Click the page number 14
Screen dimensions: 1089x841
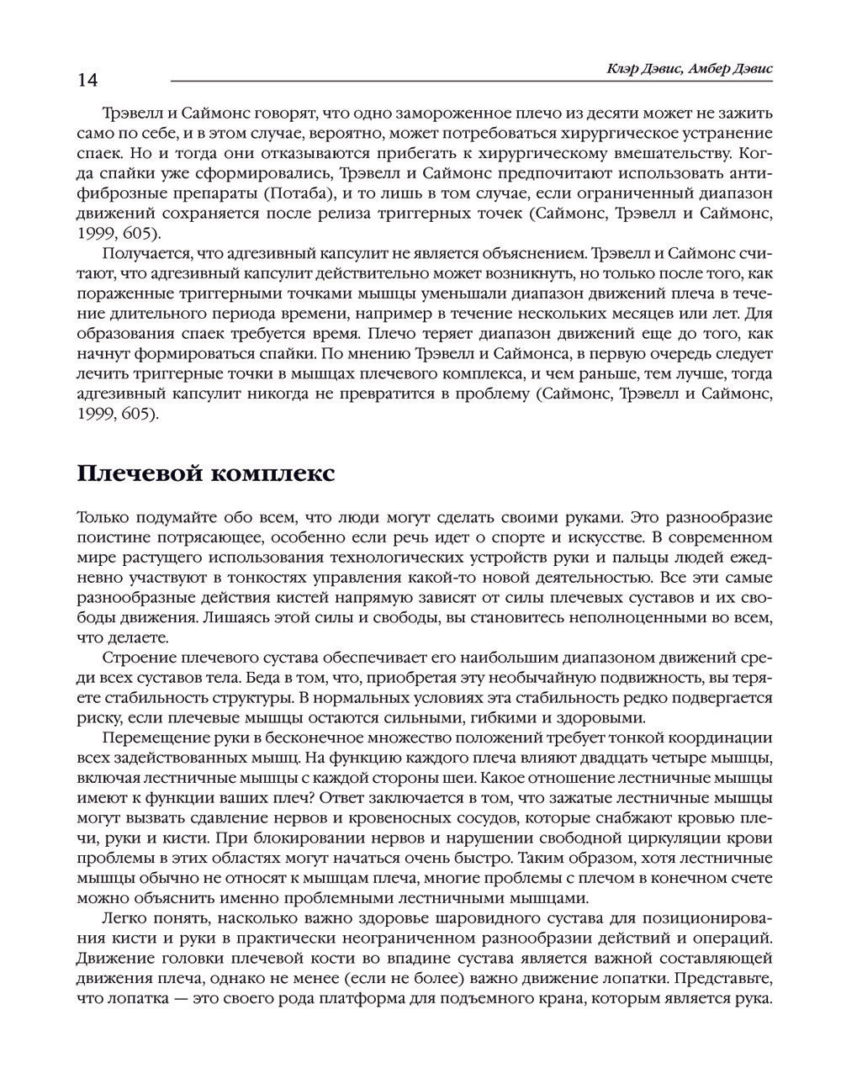tap(87, 80)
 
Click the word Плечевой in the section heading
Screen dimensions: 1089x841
tap(138, 474)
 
